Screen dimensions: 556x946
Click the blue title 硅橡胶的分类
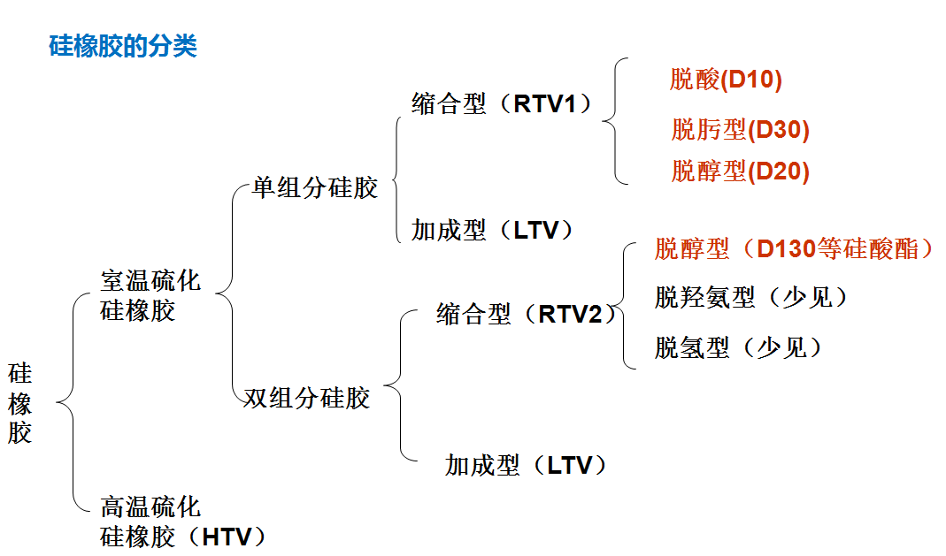(122, 47)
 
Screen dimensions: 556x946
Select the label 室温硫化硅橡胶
(150, 296)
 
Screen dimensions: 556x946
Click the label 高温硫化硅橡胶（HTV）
(181, 522)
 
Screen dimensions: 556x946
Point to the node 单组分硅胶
(315, 187)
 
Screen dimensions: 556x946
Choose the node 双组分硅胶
(306, 398)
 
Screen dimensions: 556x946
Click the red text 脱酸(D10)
(726, 80)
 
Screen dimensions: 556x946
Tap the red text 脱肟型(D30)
(740, 130)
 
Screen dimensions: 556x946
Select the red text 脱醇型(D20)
(740, 171)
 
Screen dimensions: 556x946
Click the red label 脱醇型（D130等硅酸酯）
(794, 248)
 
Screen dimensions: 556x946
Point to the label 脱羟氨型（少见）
(751, 297)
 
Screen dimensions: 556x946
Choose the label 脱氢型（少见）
(739, 347)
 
